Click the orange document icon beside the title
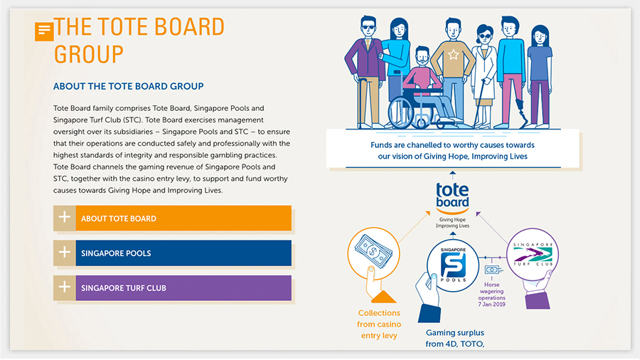pos(44,31)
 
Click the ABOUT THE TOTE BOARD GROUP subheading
pos(128,86)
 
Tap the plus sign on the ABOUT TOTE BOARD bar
pos(65,217)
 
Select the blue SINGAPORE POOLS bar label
pos(116,253)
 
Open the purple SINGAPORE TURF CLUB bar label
pos(124,288)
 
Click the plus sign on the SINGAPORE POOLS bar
pos(65,253)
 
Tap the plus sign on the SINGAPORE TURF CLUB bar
pos(65,287)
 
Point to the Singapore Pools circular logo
pos(453,265)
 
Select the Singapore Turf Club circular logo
pos(533,255)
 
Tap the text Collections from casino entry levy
pos(379,324)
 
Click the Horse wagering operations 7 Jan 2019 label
pos(491,295)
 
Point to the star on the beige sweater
pos(453,54)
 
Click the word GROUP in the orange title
pos(89,54)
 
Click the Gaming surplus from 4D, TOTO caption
pos(454,339)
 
